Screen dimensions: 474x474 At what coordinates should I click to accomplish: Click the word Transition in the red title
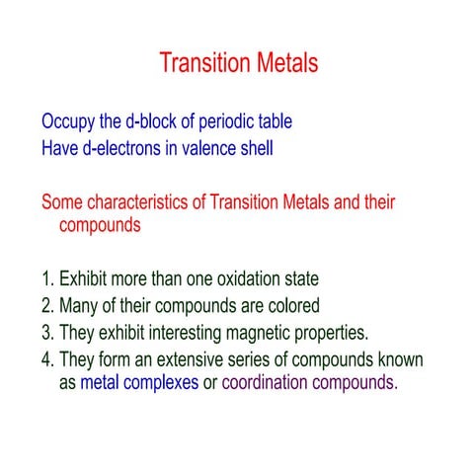point(202,64)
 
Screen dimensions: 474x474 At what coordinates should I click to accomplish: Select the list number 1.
point(46,279)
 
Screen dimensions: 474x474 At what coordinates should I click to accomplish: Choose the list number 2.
point(46,305)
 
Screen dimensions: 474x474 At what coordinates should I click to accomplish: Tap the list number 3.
point(46,331)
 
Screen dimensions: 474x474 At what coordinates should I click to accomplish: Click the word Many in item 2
point(79,306)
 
